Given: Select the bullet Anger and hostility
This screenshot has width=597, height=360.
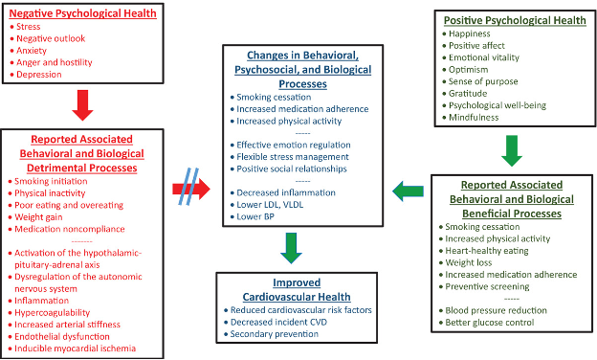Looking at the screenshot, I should tap(54, 62).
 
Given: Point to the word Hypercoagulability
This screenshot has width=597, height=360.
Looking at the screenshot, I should tap(54, 311).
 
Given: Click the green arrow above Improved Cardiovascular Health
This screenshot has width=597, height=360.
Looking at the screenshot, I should tap(294, 250).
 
